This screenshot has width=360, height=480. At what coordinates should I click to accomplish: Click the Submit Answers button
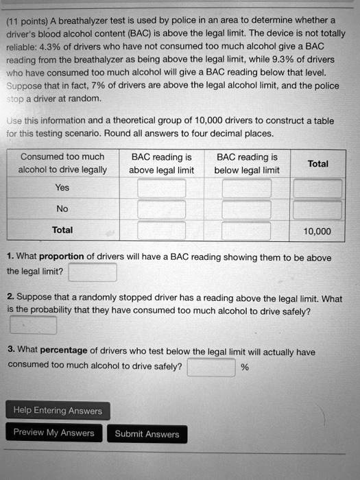[147, 434]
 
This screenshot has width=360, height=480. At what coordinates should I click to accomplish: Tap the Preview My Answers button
[53, 433]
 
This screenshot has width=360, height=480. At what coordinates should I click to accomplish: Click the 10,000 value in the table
[316, 231]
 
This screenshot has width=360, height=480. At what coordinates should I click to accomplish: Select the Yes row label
[62, 187]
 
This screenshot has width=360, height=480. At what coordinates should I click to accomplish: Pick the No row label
[62, 208]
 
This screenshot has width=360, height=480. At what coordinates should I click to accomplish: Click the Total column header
[317, 164]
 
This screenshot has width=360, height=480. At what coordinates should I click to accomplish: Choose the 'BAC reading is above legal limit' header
[162, 164]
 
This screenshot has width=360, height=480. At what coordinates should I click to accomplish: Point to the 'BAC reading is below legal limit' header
[247, 164]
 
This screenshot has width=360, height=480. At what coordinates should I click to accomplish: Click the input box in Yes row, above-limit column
[161, 188]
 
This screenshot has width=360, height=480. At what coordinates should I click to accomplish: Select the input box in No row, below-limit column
[247, 209]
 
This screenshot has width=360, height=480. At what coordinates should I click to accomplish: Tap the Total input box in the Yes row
[317, 188]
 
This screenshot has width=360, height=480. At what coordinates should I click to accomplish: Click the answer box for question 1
[93, 272]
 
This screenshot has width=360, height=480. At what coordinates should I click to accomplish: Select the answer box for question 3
[211, 367]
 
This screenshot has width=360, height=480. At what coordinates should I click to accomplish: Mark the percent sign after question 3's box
[245, 368]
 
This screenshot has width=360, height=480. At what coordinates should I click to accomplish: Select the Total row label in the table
[62, 230]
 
